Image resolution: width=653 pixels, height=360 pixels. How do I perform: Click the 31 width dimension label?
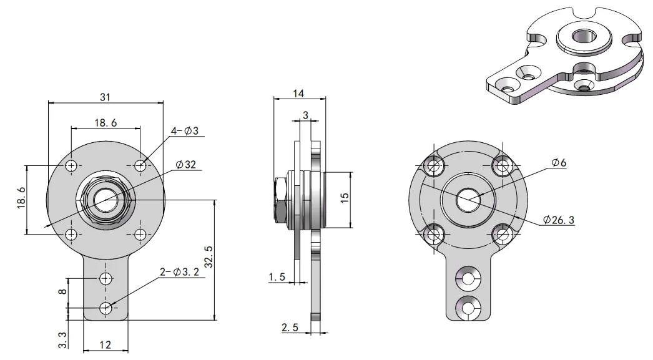[105, 97]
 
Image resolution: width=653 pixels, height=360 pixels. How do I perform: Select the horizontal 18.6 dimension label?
[106, 123]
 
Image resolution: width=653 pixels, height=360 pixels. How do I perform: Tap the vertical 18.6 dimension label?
[21, 198]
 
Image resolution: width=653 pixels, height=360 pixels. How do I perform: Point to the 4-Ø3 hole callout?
[185, 130]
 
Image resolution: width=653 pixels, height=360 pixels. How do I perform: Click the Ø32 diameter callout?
[186, 164]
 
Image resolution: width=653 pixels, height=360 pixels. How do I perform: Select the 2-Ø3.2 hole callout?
[180, 272]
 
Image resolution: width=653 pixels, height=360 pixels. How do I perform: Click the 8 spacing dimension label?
[62, 291]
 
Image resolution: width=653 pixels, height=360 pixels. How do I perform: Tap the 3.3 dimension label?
[62, 339]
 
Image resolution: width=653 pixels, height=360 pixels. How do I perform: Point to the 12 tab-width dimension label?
[106, 344]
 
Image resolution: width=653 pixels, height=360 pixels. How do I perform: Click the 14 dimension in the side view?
[298, 93]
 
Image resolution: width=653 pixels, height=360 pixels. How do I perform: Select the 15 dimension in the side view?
[344, 198]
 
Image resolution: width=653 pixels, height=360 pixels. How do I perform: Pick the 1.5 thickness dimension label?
[277, 276]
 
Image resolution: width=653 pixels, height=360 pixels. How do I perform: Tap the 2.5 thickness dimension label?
[290, 327]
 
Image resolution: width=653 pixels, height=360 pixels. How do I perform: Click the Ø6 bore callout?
[559, 163]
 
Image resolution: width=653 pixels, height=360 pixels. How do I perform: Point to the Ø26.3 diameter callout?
[559, 220]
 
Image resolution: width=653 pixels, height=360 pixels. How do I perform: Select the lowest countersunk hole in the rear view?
[468, 308]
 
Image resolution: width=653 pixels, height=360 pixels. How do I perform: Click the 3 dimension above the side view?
[306, 115]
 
